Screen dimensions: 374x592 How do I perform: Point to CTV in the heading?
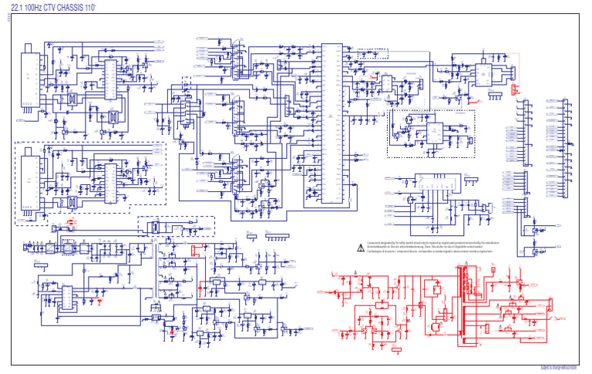60,8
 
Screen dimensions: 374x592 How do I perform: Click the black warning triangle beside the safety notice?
358,248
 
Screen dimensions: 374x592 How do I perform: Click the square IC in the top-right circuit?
481,73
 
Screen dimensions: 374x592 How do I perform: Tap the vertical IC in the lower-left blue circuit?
68,298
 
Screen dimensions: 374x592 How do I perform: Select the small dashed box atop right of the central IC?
368,56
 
